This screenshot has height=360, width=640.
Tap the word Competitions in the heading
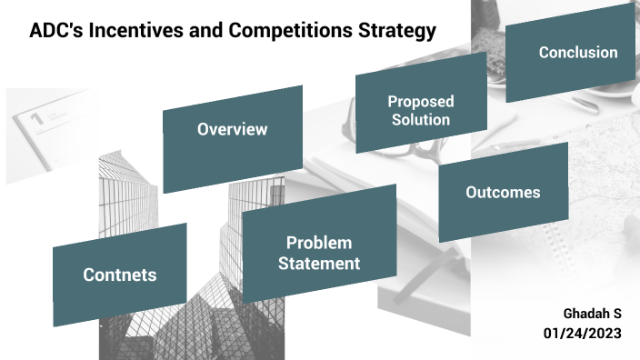click(273, 32)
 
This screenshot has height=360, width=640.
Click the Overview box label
click(232, 129)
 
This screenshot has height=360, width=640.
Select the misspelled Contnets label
click(119, 275)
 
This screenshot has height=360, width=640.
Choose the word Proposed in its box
click(420, 102)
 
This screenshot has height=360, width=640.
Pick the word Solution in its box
click(420, 120)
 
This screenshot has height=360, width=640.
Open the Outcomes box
click(503, 193)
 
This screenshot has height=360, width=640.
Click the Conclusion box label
click(577, 53)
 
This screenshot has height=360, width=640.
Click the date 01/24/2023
click(582, 334)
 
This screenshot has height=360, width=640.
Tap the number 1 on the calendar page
click(36, 118)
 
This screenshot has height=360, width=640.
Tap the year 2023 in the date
click(603, 334)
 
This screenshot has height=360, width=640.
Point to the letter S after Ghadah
click(617, 314)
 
